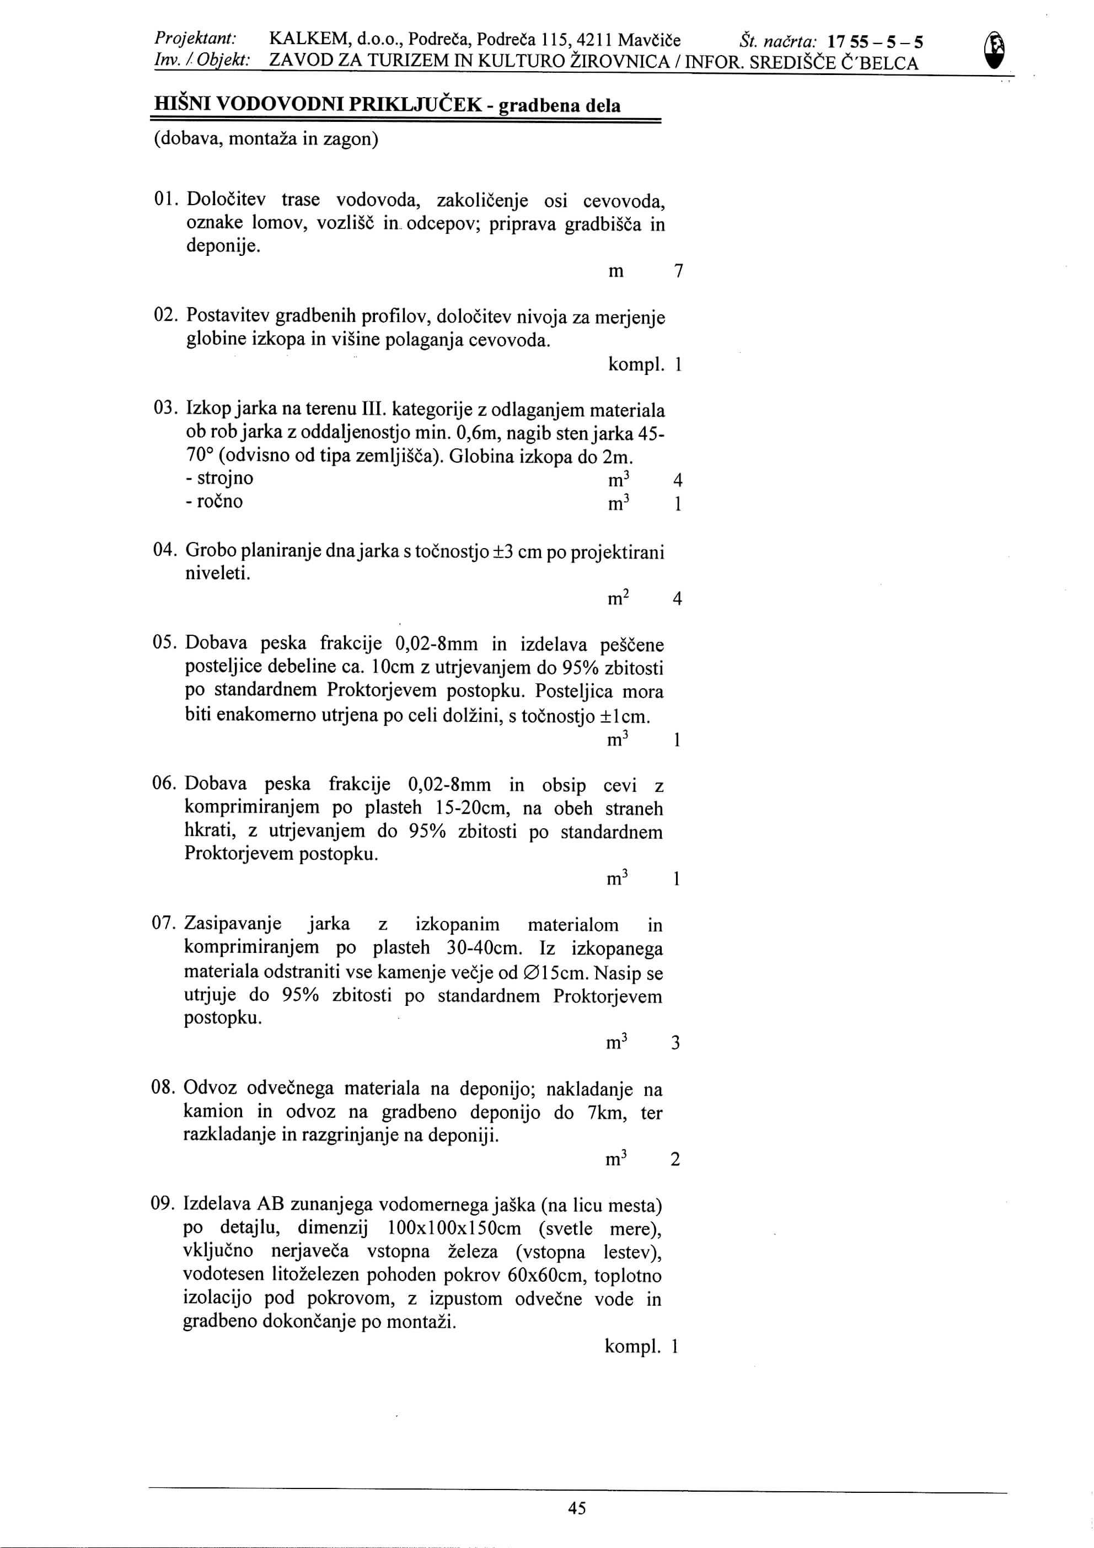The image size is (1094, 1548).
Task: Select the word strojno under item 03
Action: (224, 479)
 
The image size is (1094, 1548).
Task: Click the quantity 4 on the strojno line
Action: (678, 481)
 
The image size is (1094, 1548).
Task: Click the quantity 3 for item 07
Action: (676, 1044)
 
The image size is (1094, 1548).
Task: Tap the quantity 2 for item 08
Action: (675, 1160)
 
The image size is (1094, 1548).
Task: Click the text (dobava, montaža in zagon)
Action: (266, 139)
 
